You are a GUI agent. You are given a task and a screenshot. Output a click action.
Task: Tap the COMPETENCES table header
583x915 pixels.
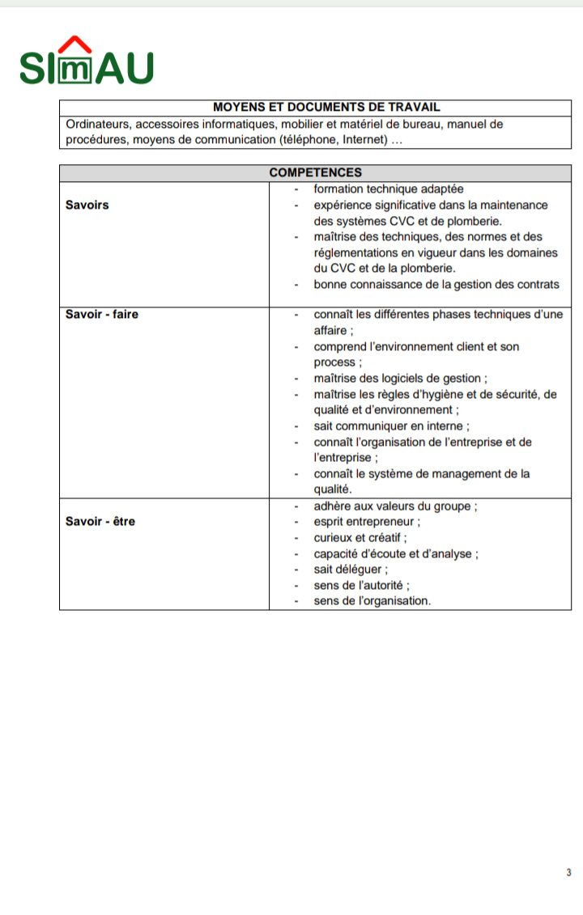(315, 172)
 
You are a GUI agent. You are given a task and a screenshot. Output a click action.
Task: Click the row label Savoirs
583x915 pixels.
(87, 205)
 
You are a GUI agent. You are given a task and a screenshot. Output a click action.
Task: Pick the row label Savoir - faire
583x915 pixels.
(101, 314)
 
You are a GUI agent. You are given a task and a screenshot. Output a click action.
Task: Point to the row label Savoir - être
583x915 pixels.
(100, 521)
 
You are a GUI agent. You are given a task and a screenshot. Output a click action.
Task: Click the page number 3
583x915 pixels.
(568, 872)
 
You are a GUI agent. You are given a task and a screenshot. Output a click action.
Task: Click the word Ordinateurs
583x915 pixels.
(99, 124)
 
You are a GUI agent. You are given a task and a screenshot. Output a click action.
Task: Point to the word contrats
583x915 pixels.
(536, 284)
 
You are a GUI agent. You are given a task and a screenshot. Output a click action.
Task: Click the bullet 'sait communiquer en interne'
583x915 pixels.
(391, 426)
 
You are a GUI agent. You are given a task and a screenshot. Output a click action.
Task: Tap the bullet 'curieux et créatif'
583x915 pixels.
(360, 537)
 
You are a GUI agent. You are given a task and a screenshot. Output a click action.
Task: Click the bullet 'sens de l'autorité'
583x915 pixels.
(361, 585)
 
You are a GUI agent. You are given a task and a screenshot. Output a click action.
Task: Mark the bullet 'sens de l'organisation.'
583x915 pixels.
(372, 601)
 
